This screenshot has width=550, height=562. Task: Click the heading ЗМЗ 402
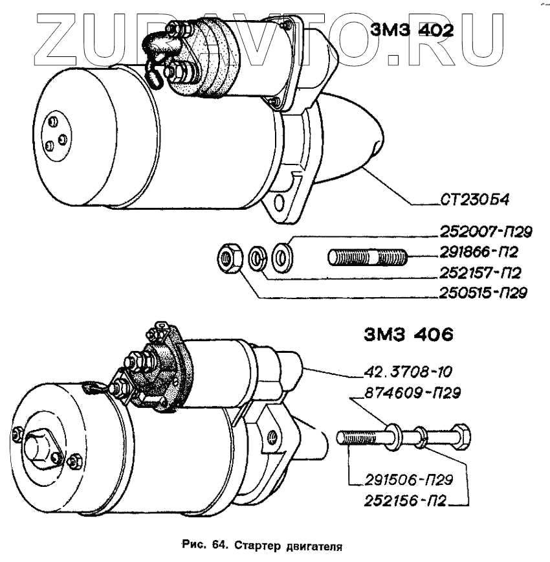point(412,30)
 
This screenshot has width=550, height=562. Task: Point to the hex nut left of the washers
point(229,258)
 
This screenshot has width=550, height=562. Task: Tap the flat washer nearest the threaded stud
point(282,257)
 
